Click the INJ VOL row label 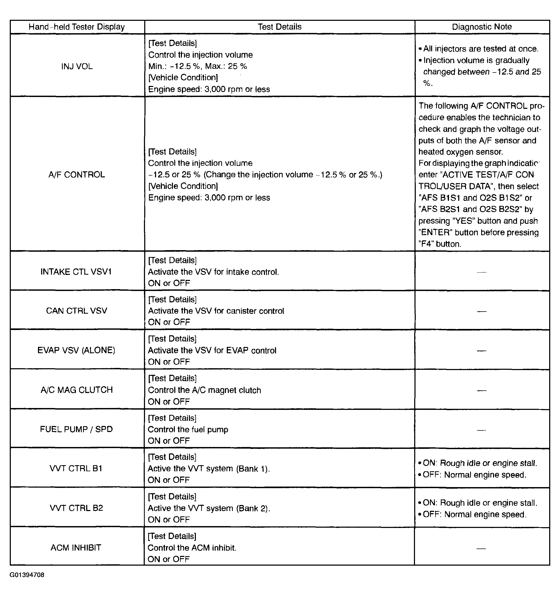[x=77, y=66]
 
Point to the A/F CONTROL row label [x=77, y=175]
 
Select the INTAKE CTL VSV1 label [x=76, y=272]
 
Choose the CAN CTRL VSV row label [x=77, y=311]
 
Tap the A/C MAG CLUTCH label [x=77, y=390]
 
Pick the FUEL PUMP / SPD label [x=76, y=429]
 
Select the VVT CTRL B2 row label [x=76, y=508]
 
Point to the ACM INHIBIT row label [x=76, y=548]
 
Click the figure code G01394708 [x=27, y=575]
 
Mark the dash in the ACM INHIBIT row [x=481, y=548]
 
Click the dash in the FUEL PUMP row [x=481, y=430]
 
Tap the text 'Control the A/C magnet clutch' [x=204, y=390]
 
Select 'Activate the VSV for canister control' [x=216, y=311]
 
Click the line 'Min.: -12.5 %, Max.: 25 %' [x=197, y=66]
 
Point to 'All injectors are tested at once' [x=480, y=49]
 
